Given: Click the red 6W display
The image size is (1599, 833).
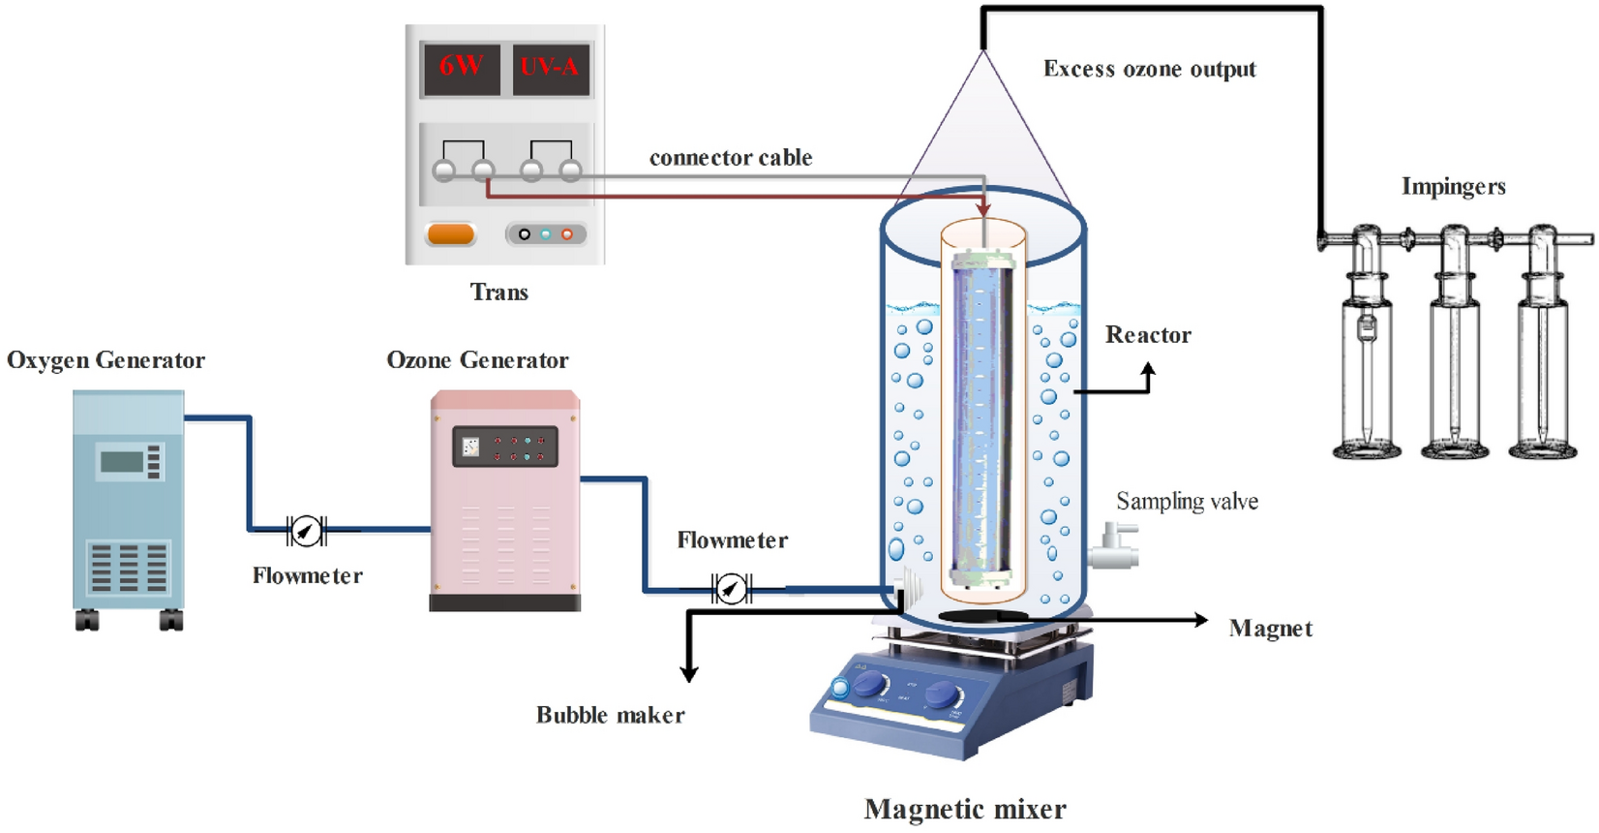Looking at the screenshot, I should [x=461, y=67].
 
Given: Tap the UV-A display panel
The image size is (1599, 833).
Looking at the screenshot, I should [x=550, y=68].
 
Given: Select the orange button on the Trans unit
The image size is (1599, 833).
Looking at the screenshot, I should [x=450, y=234].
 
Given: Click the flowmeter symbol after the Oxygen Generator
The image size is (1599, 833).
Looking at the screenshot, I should [x=306, y=530].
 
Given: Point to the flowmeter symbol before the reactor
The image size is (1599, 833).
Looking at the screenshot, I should [x=731, y=588].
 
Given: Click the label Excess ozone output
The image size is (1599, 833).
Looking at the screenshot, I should [x=1149, y=70].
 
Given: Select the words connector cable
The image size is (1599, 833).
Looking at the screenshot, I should [x=730, y=158].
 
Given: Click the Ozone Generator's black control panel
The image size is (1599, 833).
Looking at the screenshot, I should [x=504, y=447].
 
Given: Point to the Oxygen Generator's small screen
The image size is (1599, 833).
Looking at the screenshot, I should [x=122, y=461].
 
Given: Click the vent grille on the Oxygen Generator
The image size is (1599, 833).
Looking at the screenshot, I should [x=129, y=567].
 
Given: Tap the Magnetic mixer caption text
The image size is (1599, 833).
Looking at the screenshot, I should [x=964, y=809].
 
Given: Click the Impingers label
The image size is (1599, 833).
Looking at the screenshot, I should [x=1453, y=187].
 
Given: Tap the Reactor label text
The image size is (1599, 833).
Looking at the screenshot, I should [x=1148, y=335].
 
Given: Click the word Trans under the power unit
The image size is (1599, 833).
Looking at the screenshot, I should [x=498, y=293].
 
